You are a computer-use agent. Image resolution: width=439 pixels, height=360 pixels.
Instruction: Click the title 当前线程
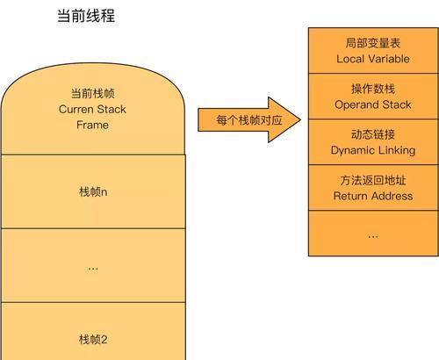86,16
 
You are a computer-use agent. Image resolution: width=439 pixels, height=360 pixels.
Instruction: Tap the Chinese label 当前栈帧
92,93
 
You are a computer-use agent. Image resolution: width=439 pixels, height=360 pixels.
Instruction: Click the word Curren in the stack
76,110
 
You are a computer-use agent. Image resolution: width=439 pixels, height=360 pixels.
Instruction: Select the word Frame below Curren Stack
92,125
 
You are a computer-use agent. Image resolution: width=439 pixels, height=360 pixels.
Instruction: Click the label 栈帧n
93,192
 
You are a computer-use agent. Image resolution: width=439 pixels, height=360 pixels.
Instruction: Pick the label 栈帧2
93,340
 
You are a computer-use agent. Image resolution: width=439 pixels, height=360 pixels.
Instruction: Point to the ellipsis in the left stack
93,269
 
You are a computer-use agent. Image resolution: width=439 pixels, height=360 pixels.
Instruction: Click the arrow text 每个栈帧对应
249,120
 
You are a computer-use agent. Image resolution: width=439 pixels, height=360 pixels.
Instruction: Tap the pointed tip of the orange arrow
300,119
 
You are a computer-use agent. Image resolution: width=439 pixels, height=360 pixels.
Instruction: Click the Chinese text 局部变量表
373,43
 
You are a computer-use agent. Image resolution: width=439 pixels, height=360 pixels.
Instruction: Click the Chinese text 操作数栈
373,89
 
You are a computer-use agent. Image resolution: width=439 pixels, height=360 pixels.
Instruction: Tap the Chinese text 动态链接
373,134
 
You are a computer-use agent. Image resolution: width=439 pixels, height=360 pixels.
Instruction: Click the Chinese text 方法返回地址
373,180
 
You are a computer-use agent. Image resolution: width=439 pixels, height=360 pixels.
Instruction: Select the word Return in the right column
348,196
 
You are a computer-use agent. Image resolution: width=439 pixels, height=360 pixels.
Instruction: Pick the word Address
389,196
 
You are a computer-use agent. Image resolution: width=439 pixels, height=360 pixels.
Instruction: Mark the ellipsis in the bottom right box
373,236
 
